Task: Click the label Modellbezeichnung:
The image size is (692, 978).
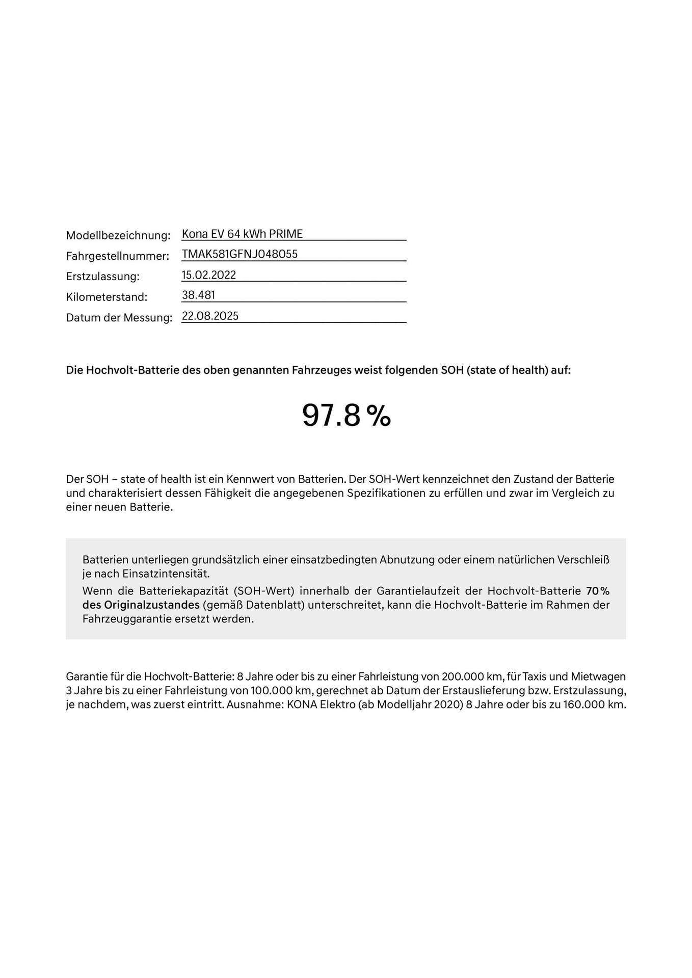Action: [x=118, y=236]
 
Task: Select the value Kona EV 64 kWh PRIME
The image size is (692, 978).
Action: [x=242, y=234]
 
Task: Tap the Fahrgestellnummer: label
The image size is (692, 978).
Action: [x=117, y=256]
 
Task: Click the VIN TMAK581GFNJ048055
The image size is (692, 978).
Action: [x=239, y=254]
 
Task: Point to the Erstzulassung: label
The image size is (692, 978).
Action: [x=102, y=277]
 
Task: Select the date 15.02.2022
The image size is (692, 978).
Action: [x=209, y=275]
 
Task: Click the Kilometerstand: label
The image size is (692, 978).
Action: [x=107, y=297]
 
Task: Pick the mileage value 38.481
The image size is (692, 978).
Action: [x=198, y=295]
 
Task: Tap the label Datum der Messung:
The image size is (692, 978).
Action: [x=119, y=318]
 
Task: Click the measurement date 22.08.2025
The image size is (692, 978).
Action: [x=210, y=316]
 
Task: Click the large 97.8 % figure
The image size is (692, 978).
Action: [x=346, y=415]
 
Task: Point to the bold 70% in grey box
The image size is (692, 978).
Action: [x=598, y=591]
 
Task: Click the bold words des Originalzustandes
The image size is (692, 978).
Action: [x=141, y=605]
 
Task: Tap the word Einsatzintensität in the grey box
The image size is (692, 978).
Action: [x=166, y=574]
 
